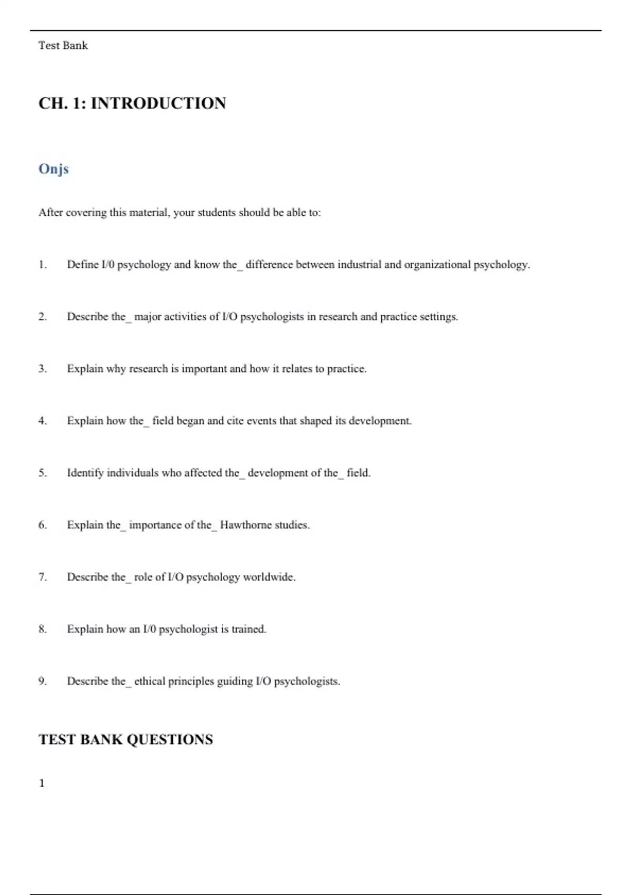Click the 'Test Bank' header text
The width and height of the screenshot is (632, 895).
coord(63,46)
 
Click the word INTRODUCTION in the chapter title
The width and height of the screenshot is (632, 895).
coord(158,103)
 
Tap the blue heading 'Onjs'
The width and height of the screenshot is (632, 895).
coord(53,169)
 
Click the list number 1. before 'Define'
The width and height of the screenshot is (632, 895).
coord(42,265)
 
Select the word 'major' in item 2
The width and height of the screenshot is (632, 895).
coord(147,317)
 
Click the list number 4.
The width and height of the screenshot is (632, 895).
coord(42,421)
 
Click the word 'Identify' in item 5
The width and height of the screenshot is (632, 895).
coord(85,473)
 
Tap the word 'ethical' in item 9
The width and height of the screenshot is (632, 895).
coord(150,681)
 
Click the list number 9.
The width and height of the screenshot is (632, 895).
coord(42,681)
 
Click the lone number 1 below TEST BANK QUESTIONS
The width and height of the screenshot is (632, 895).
coord(42,783)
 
